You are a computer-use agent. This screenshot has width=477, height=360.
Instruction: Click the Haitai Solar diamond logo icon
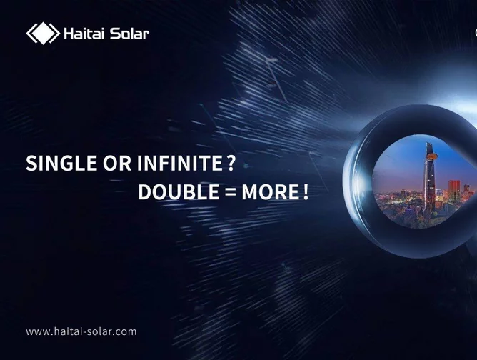click(43, 33)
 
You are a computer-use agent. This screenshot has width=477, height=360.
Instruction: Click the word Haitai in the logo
click(84, 34)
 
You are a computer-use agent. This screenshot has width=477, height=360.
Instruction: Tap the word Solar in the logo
click(129, 34)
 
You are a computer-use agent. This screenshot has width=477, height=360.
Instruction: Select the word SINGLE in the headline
click(61, 163)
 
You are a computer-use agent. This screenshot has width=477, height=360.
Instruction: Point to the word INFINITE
click(180, 163)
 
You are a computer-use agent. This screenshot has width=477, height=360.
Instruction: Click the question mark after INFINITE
click(231, 163)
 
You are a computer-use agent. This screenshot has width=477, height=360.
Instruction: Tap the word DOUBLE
click(179, 192)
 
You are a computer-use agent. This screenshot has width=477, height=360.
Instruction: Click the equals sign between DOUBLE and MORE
click(230, 192)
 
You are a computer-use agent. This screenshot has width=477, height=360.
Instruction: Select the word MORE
click(271, 192)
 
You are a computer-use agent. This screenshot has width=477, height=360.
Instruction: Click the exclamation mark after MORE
click(306, 192)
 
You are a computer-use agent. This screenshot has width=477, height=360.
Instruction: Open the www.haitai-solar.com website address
click(81, 331)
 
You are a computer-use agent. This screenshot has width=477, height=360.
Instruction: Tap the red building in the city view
click(454, 190)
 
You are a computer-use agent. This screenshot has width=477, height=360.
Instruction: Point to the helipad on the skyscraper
click(432, 156)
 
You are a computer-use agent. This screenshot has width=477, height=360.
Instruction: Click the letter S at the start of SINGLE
click(31, 163)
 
